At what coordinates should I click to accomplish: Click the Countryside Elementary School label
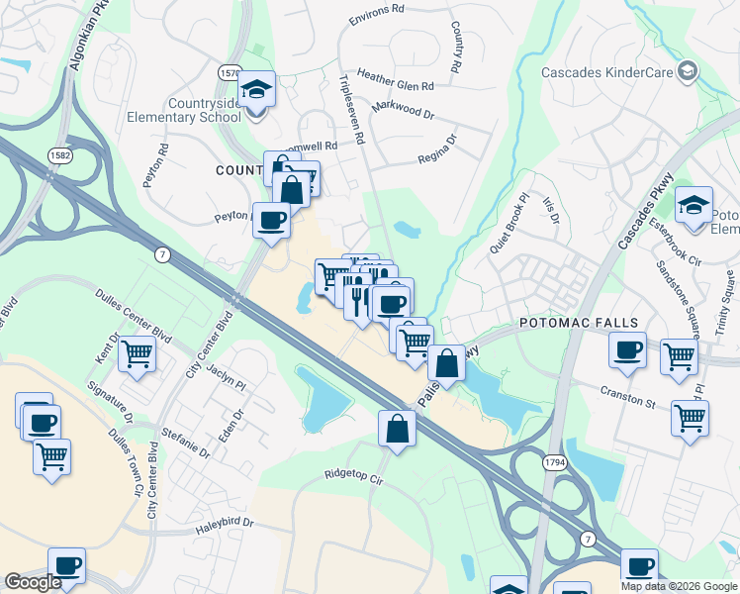point(184,108)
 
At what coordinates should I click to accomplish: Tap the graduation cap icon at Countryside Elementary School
point(257,91)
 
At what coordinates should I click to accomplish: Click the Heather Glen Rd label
point(396,86)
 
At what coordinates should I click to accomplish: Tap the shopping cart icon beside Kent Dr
point(138,351)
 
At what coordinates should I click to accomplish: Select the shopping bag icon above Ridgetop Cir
point(397,429)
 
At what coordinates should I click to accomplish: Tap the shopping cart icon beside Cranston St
point(690,415)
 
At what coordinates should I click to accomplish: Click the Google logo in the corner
point(33,582)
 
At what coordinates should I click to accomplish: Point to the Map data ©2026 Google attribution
point(678,586)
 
